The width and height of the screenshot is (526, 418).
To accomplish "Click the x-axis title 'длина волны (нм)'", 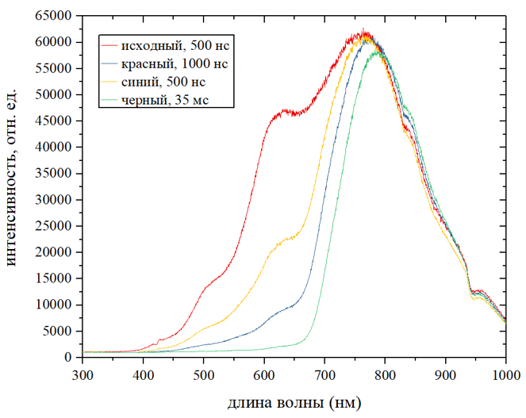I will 294,403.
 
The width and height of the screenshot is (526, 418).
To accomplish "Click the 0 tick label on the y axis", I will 70,358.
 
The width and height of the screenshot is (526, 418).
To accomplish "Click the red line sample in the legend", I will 109,44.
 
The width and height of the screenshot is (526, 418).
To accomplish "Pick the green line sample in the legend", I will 109,99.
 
